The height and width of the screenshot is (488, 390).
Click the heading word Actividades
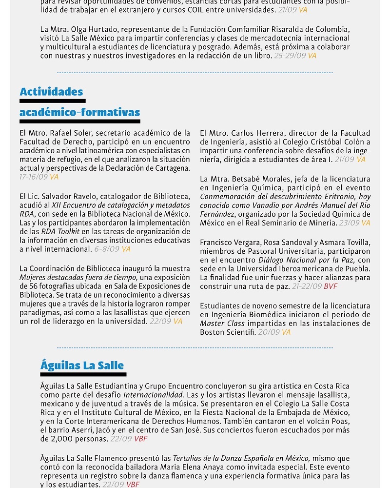click(x=51, y=92)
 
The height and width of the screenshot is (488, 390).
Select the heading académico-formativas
click(x=79, y=113)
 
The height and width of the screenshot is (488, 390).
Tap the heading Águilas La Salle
click(x=82, y=366)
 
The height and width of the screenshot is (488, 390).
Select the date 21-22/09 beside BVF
click(x=307, y=286)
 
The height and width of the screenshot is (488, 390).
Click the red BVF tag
click(x=331, y=286)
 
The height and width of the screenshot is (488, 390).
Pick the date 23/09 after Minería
click(x=349, y=223)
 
